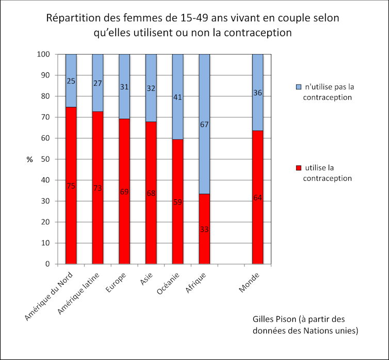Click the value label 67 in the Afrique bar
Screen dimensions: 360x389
204,124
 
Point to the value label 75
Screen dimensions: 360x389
71,186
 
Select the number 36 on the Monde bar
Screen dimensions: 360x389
257,93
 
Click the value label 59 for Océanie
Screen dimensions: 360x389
177,202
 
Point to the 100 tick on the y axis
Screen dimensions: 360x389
43,54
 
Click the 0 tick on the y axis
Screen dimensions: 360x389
47,264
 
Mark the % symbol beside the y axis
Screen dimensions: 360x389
29,159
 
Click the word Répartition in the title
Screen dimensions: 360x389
73,19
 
